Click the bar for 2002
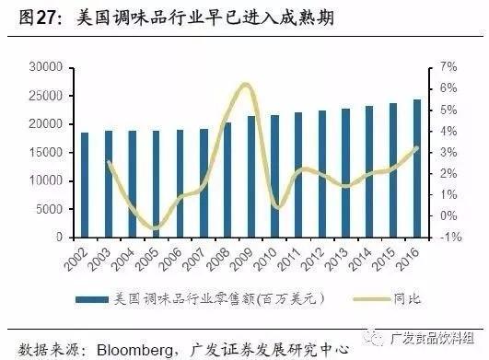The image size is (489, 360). coord(85,185)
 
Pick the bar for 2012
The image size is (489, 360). coord(321,174)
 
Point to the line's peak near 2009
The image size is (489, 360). coord(245,85)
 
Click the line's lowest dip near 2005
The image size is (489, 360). coord(156,227)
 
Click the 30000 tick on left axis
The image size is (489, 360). coord(44,67)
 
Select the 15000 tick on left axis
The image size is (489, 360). coord(44,153)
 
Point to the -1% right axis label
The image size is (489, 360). coord(446,238)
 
